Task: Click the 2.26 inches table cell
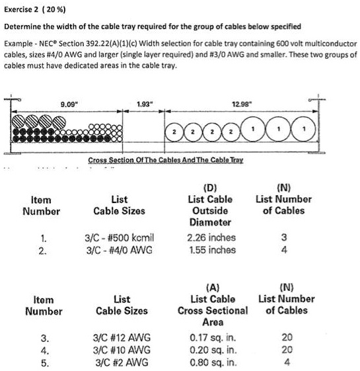point(211,237)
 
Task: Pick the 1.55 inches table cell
point(211,249)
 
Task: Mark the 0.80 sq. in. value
point(213,361)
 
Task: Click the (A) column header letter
point(213,287)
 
